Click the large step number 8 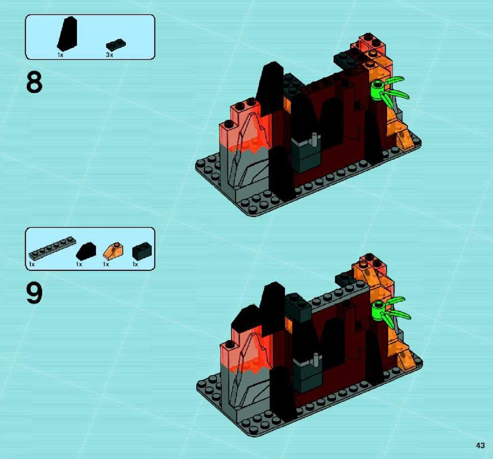34,82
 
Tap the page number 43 480,445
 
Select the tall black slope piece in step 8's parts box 67,34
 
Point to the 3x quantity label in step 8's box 109,55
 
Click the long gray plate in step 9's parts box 52,248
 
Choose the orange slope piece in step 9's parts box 113,251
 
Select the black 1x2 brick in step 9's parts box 142,251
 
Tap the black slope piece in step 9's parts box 86,251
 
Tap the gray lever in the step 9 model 315,360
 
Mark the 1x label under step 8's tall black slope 61,55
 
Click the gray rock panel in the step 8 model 243,163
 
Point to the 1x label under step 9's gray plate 32,264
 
